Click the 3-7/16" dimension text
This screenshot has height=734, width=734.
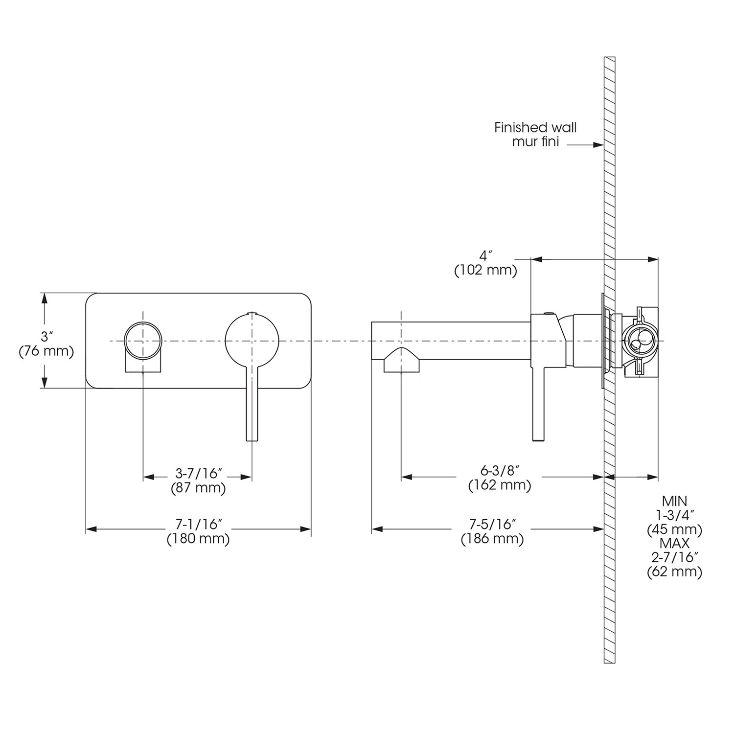click(x=199, y=473)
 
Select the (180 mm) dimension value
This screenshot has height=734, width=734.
click(x=199, y=539)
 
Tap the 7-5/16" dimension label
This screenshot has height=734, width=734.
click(x=493, y=525)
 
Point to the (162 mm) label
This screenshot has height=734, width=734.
click(x=500, y=485)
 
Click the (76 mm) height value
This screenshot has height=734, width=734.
click(x=46, y=351)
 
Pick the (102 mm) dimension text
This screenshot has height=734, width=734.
click(x=485, y=271)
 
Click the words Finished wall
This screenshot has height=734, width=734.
click(x=535, y=128)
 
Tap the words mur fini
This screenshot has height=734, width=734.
click(x=535, y=142)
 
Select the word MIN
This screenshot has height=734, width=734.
click(x=674, y=501)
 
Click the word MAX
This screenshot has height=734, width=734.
click(x=674, y=543)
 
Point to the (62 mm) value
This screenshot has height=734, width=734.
click(x=674, y=571)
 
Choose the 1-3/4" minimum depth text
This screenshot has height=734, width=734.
click(x=674, y=515)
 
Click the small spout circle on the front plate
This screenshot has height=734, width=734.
click(x=142, y=340)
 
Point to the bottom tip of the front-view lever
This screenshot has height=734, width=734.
click(x=252, y=439)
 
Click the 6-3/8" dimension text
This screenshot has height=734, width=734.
click(x=500, y=471)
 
